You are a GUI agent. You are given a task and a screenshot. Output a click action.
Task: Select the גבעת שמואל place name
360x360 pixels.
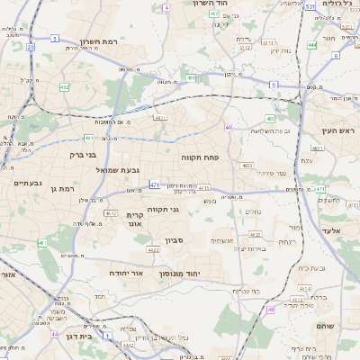118,170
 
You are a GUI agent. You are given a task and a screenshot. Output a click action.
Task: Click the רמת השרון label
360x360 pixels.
101,42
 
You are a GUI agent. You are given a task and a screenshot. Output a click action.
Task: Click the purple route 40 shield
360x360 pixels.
229,128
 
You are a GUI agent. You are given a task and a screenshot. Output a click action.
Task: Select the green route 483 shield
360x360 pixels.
270,119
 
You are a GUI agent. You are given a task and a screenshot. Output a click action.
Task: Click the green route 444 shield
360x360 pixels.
311,44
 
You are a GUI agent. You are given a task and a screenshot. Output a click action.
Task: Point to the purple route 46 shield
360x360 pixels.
271,310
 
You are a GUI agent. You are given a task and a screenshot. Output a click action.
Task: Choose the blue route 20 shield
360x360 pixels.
31,46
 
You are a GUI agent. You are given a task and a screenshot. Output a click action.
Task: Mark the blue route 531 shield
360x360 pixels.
310,6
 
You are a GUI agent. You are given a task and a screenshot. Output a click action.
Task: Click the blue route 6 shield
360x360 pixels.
336,55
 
